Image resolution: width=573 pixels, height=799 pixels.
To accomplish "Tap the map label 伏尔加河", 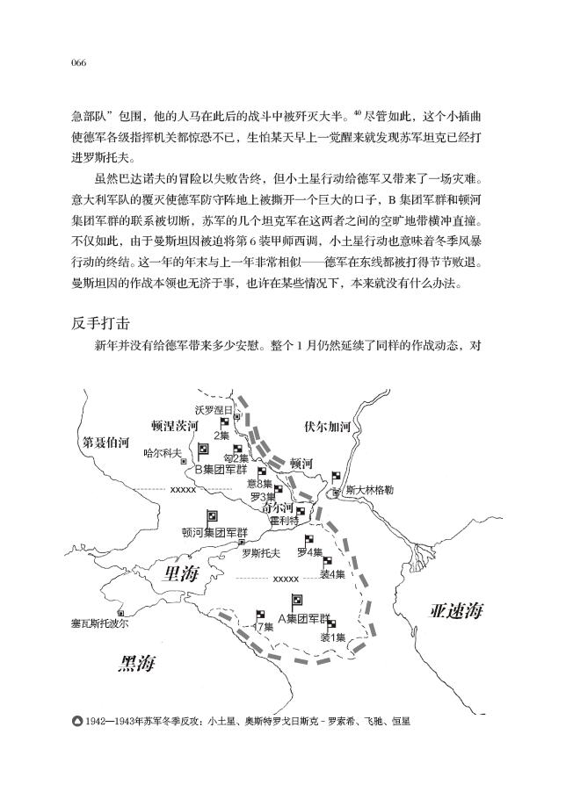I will [327, 428].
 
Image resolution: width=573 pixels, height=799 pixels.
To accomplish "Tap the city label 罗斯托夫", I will [261, 553].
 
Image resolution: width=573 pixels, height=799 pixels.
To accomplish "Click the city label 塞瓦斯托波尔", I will [99, 623].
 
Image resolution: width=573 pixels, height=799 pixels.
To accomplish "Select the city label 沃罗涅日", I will [213, 410].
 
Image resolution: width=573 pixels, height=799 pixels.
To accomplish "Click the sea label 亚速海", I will [455, 612].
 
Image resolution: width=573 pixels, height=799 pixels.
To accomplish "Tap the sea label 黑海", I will [137, 663].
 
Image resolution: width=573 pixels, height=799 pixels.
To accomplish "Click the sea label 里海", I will [183, 573].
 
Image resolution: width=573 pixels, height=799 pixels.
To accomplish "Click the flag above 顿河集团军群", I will [212, 517].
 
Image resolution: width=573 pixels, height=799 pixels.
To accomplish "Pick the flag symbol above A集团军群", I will [297, 602].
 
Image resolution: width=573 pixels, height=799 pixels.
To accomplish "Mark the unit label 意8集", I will [260, 483].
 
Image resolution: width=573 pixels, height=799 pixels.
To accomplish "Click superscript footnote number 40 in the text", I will [358, 110].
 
